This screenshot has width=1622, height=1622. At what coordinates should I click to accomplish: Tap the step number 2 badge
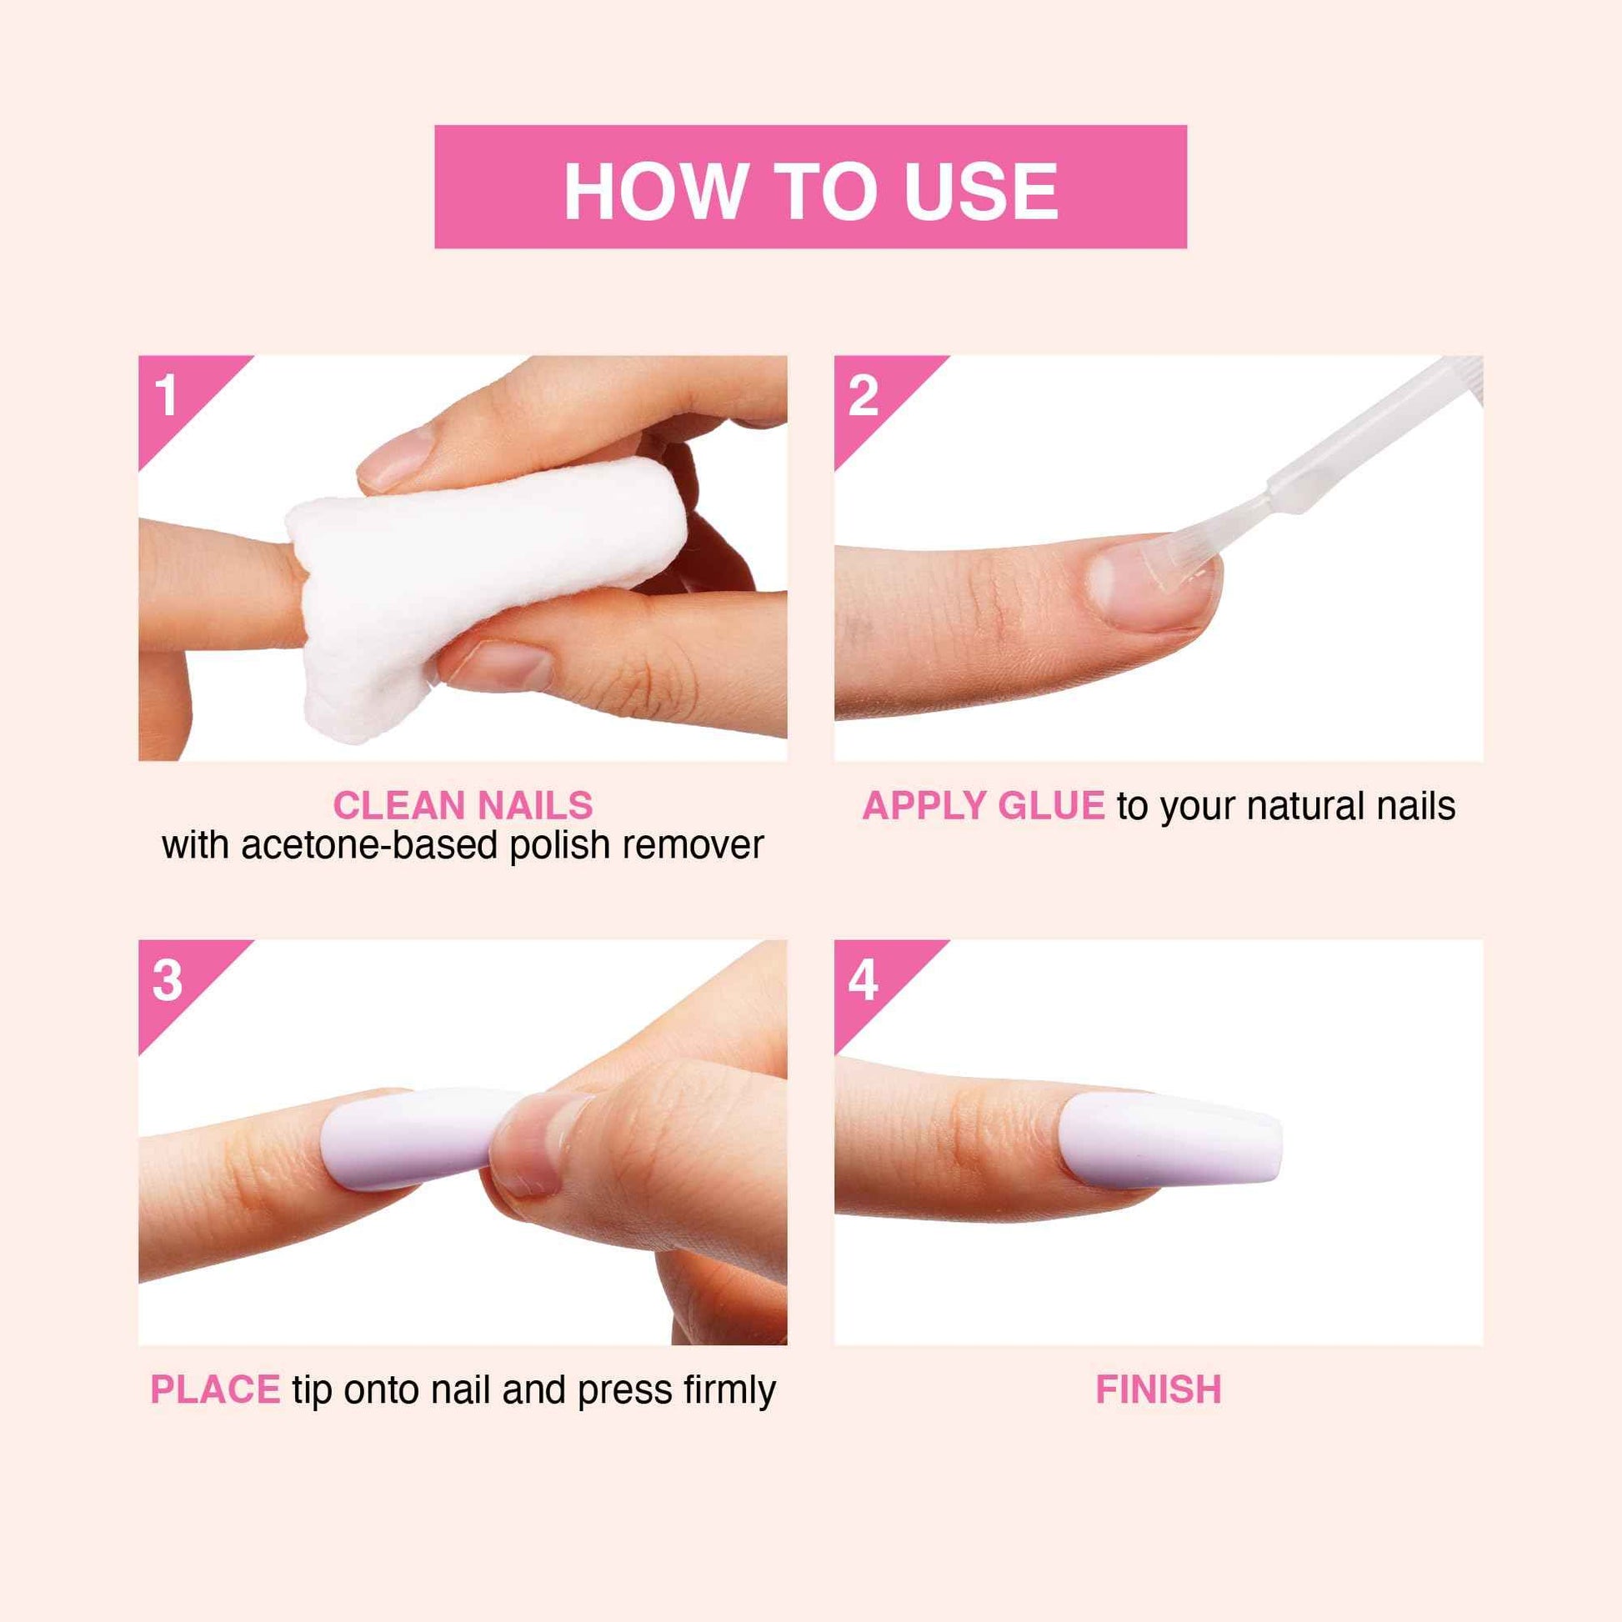tap(863, 394)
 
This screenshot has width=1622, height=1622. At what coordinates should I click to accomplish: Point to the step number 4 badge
tap(863, 979)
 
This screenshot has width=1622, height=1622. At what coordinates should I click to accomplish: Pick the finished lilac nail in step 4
tap(1171, 1140)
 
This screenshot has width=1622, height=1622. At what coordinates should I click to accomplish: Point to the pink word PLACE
tap(215, 1389)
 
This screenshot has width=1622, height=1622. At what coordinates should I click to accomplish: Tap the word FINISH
tap(1158, 1389)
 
